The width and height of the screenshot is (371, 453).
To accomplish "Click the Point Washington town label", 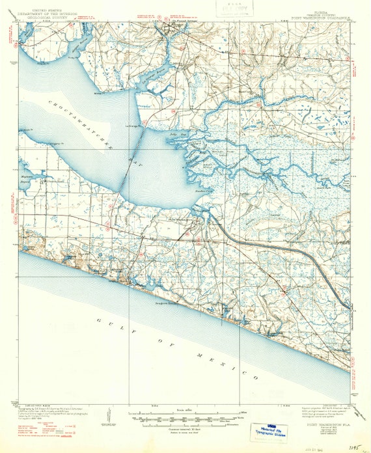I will [x=184, y=219].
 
